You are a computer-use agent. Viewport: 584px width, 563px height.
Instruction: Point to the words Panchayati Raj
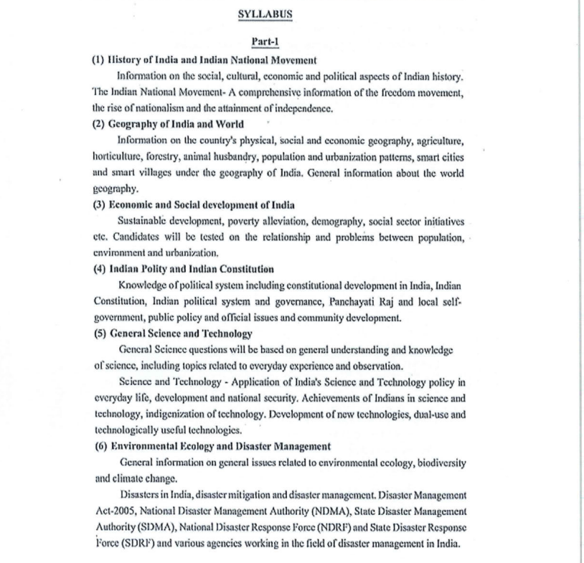tap(363, 301)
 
